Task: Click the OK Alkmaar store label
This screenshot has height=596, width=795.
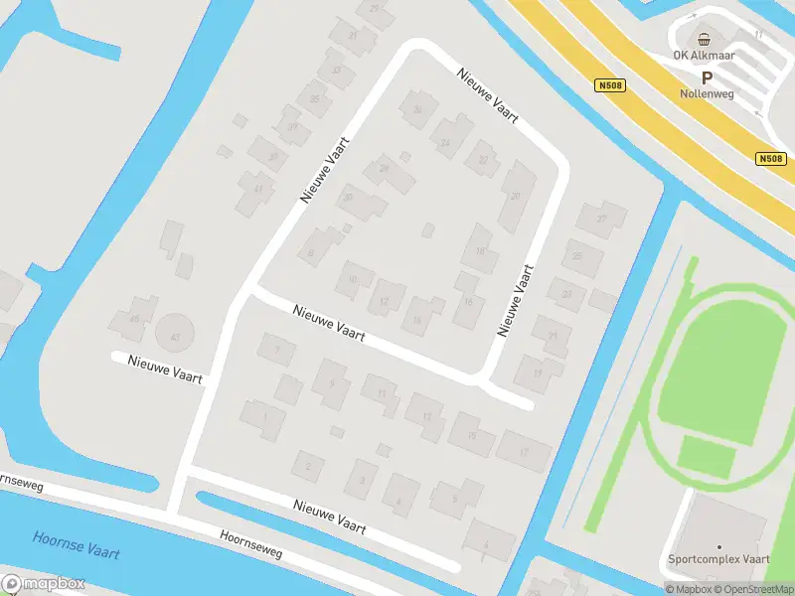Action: pos(705,56)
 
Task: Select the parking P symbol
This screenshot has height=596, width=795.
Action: pos(708,76)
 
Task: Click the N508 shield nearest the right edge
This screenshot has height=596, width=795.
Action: pos(770,159)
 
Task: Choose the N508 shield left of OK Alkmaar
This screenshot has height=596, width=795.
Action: pos(610,86)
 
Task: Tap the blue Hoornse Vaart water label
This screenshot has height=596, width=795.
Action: pos(76,543)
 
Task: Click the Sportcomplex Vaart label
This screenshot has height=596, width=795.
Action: pos(719,559)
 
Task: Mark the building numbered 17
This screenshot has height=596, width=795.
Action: pos(524,452)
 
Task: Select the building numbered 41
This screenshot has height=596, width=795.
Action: pos(257,189)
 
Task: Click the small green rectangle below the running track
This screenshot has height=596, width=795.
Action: pos(708,458)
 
